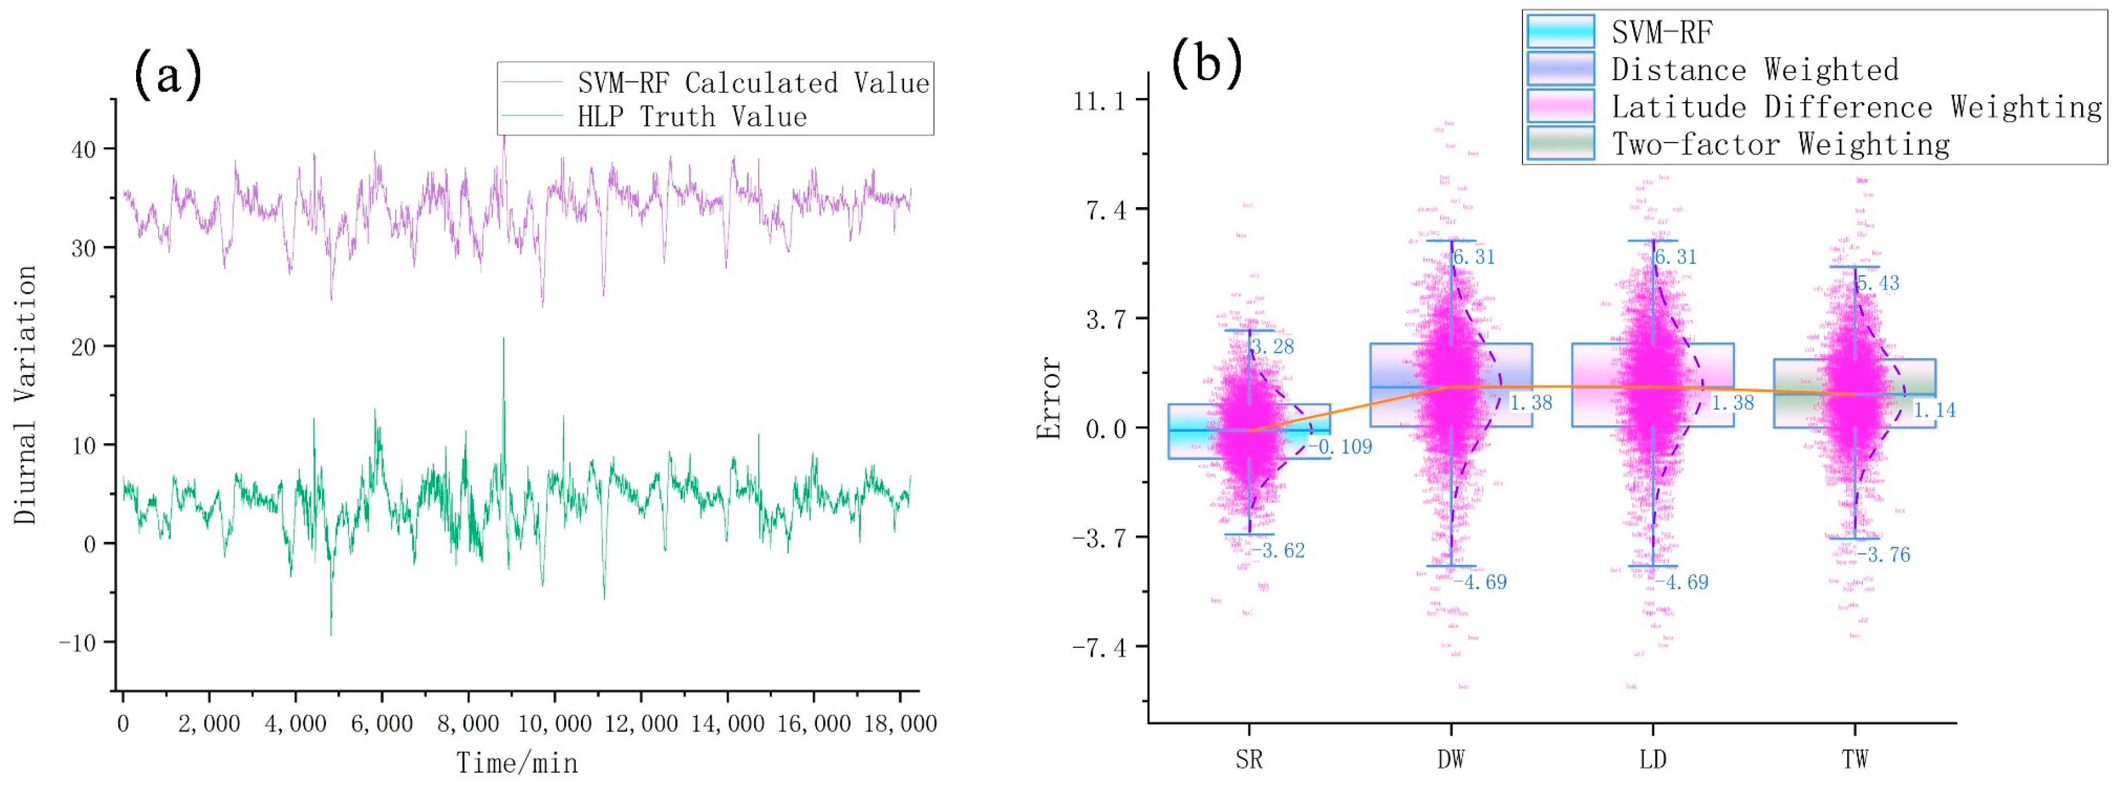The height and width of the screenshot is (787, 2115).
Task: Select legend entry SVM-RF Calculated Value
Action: (x=752, y=83)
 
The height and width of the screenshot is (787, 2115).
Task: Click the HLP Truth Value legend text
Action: (x=691, y=117)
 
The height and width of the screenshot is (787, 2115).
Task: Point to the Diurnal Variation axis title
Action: (x=25, y=394)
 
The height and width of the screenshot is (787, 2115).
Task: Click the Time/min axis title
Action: (x=517, y=763)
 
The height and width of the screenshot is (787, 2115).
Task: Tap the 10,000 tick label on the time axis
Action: (x=555, y=724)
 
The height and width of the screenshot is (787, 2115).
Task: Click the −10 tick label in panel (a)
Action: (x=77, y=642)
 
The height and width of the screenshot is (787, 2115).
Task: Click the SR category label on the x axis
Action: (x=1249, y=759)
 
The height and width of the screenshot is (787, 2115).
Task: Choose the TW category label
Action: (x=1855, y=759)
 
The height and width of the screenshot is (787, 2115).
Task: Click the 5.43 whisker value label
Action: (x=1878, y=283)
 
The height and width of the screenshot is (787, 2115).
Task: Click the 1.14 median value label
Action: (x=1934, y=410)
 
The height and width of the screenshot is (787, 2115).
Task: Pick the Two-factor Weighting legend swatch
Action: (x=1560, y=144)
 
